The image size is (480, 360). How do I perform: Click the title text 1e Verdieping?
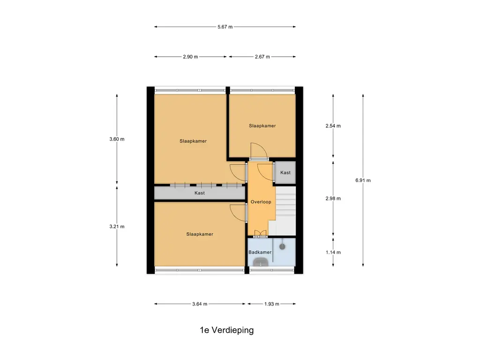[x=226, y=330]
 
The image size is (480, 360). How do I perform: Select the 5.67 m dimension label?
[x=225, y=27]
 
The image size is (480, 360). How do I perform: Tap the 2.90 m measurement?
[x=190, y=57]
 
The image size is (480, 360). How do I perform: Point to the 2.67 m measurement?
[x=262, y=57]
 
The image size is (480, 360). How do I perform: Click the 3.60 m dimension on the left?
[x=117, y=139]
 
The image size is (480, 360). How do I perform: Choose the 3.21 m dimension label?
[x=117, y=226]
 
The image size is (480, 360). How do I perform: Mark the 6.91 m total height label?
[x=363, y=180]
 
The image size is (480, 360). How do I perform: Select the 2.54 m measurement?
[x=333, y=126]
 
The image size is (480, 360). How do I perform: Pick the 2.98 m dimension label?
[x=333, y=198]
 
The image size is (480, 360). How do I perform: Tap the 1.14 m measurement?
[x=333, y=252]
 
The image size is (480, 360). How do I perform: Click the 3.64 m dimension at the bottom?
[x=200, y=304]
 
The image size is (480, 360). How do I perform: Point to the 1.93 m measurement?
[x=271, y=304]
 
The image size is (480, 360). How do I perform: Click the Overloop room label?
[x=261, y=202]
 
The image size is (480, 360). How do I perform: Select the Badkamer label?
[x=260, y=252]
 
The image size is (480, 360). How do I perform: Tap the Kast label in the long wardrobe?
[x=200, y=193]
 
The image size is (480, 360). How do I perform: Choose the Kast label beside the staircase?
[x=285, y=172]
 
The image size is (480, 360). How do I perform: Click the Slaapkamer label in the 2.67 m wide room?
[x=262, y=126]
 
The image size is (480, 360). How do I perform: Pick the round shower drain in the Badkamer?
[x=283, y=246]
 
